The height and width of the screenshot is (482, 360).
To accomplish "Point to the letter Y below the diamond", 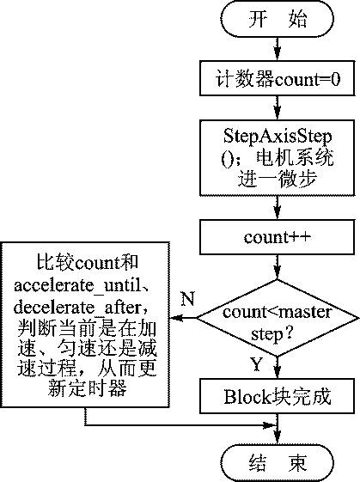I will click(x=257, y=363).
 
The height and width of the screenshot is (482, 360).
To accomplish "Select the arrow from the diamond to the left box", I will click(x=182, y=319).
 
